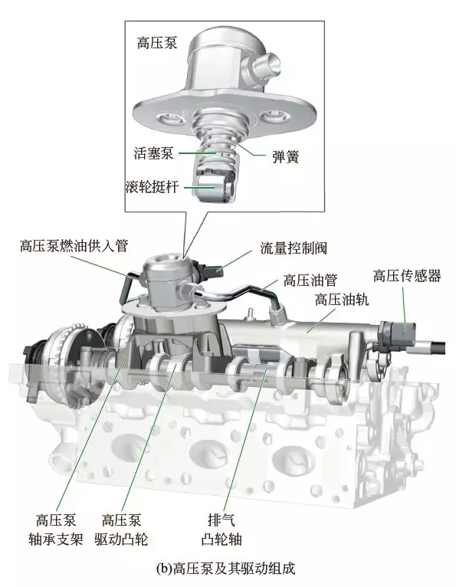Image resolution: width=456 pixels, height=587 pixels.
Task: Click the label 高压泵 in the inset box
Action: (157, 43)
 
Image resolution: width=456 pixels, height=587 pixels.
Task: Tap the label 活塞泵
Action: (153, 153)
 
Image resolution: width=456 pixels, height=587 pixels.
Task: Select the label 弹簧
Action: (286, 156)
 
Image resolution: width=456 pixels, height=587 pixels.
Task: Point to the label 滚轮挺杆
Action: (152, 186)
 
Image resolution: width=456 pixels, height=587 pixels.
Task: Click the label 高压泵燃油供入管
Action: (74, 246)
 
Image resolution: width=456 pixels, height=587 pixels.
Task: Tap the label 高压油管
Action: (310, 280)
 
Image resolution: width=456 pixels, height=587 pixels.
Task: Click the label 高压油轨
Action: (342, 300)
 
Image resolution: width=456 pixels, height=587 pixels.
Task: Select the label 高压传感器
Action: (407, 276)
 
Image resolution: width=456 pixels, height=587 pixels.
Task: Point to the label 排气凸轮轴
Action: (221, 530)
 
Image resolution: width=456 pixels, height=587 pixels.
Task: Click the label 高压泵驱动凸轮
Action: (121, 530)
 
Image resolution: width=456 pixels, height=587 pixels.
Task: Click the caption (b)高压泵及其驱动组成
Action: (226, 569)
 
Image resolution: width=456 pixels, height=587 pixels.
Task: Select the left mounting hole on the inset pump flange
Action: (170, 120)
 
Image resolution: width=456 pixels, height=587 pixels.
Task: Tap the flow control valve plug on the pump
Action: (212, 271)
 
